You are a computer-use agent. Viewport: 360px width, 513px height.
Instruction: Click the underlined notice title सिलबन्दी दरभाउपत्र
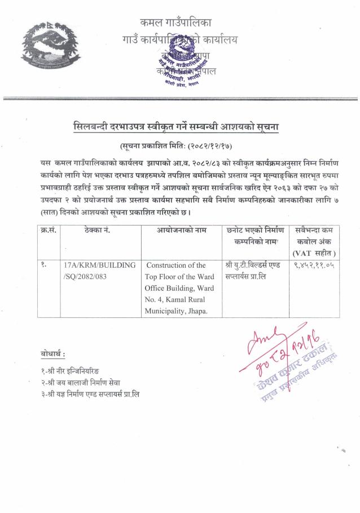[x=180, y=127]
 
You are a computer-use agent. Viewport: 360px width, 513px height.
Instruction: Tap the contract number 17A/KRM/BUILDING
[x=99, y=264]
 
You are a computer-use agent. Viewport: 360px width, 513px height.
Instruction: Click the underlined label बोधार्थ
[x=52, y=354]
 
